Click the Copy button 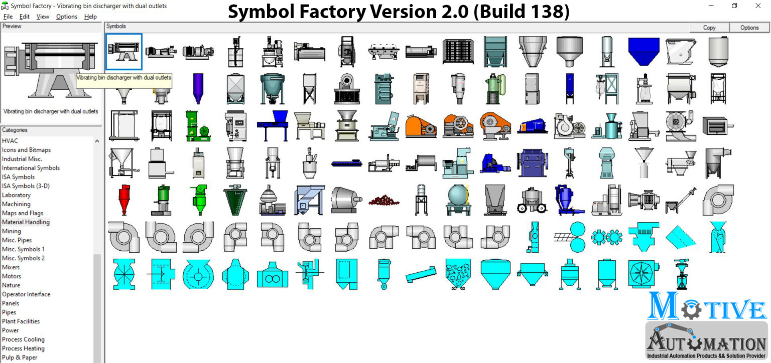[x=709, y=28]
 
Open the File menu [x=8, y=17]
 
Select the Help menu [x=90, y=17]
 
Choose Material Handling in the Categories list [x=26, y=222]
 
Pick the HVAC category [x=10, y=141]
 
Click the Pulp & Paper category [x=20, y=357]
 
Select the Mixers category [x=11, y=267]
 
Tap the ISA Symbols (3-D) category [x=26, y=186]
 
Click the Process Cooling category [x=23, y=339]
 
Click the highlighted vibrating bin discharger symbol [x=124, y=51]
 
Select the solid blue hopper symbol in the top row [x=644, y=51]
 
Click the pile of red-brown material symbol [x=384, y=200]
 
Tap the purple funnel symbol [x=198, y=88]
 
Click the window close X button [x=758, y=6]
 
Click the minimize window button [x=712, y=6]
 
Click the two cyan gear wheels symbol [x=607, y=237]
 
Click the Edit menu [x=25, y=17]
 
